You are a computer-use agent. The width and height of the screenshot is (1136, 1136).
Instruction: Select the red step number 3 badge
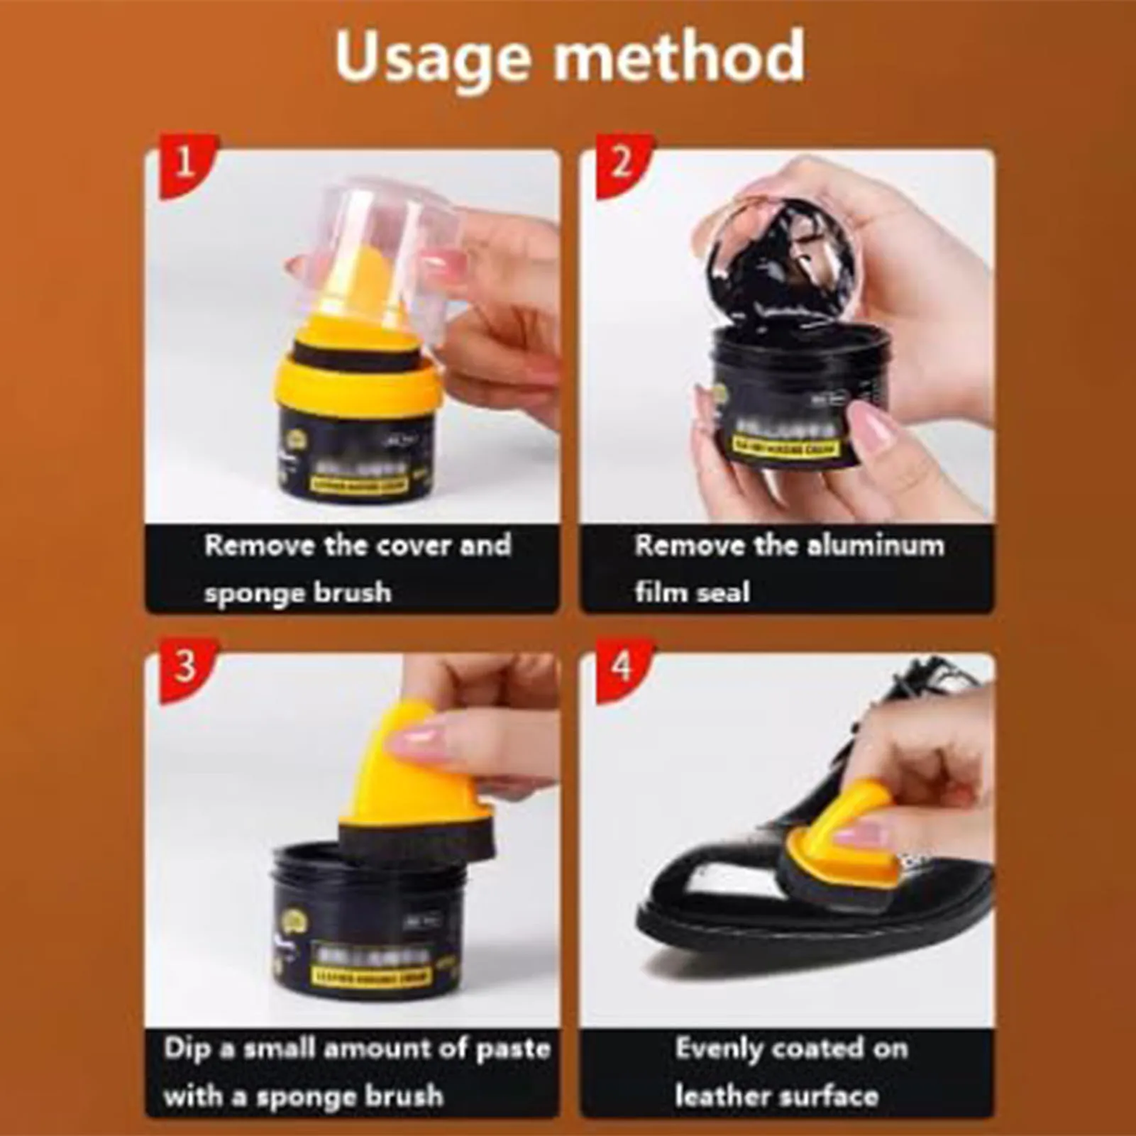[184, 667]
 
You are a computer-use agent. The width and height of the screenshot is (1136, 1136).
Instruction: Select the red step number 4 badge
[621, 667]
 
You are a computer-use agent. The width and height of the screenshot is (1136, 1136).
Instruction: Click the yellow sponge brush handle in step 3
[390, 766]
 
